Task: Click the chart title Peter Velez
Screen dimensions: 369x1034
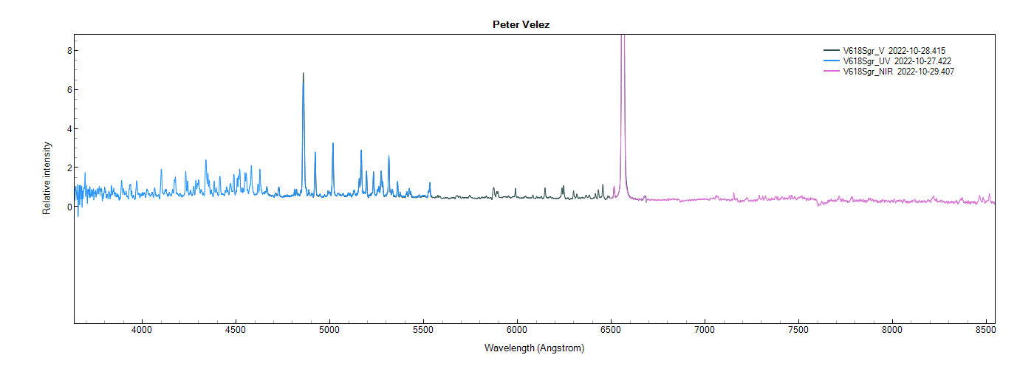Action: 521,24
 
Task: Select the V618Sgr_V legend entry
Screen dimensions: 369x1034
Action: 864,50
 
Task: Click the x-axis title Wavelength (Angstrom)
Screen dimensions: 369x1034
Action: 534,348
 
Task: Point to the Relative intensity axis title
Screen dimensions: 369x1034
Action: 47,178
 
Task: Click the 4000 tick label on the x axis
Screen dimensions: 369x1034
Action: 141,330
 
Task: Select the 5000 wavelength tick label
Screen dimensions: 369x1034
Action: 329,330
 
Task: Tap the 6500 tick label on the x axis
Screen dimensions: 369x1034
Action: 611,330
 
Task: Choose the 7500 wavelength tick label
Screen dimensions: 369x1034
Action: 799,330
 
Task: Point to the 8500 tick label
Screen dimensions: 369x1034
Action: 987,330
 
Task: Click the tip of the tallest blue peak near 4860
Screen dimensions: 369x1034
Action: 303,73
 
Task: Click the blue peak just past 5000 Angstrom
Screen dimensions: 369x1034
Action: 332,143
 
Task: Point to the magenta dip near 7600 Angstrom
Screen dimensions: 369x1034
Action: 818,204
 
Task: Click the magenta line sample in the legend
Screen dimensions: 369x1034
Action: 832,71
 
